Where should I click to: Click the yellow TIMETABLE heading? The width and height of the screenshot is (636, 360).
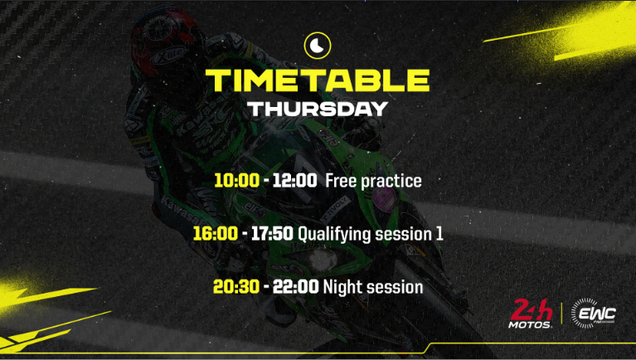(318, 80)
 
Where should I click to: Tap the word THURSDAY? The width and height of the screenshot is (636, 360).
(318, 109)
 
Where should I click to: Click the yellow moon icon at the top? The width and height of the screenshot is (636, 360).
(318, 45)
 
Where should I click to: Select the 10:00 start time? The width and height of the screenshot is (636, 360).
(235, 181)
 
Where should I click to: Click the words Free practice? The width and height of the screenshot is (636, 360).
(373, 181)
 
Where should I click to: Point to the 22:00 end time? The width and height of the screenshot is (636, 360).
(294, 288)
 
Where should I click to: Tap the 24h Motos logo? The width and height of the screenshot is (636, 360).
(531, 314)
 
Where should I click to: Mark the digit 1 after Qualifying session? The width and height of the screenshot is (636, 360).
(439, 235)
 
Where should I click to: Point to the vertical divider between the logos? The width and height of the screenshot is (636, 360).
(562, 314)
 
